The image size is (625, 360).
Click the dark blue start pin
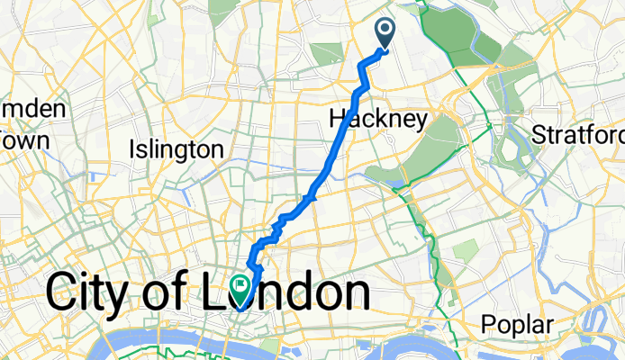coord(385,33)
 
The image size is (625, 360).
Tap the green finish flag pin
coord(241,288)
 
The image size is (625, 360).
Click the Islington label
coord(177,148)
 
